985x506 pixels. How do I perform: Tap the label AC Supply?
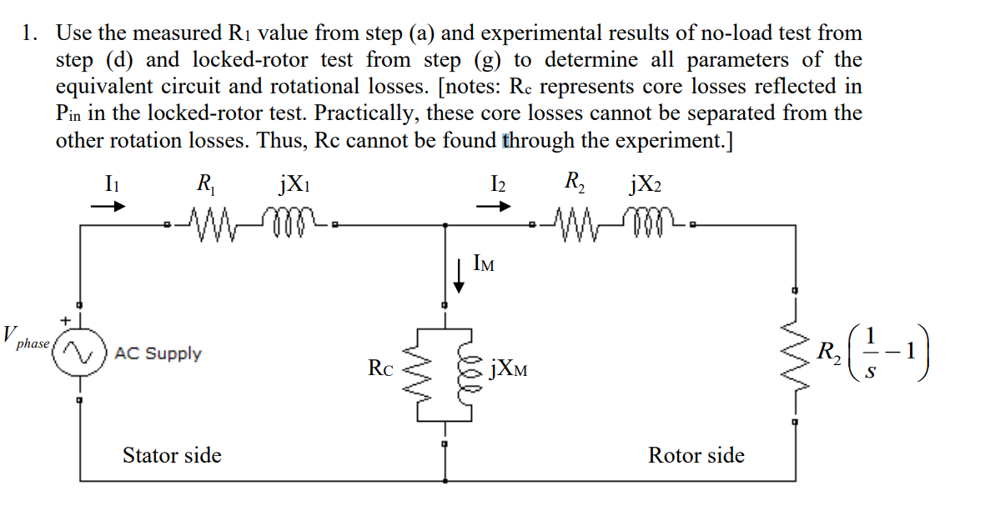click(158, 353)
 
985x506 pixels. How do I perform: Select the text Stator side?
click(172, 455)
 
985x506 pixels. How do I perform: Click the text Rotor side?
click(696, 455)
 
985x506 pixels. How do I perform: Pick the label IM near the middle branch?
click(483, 266)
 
